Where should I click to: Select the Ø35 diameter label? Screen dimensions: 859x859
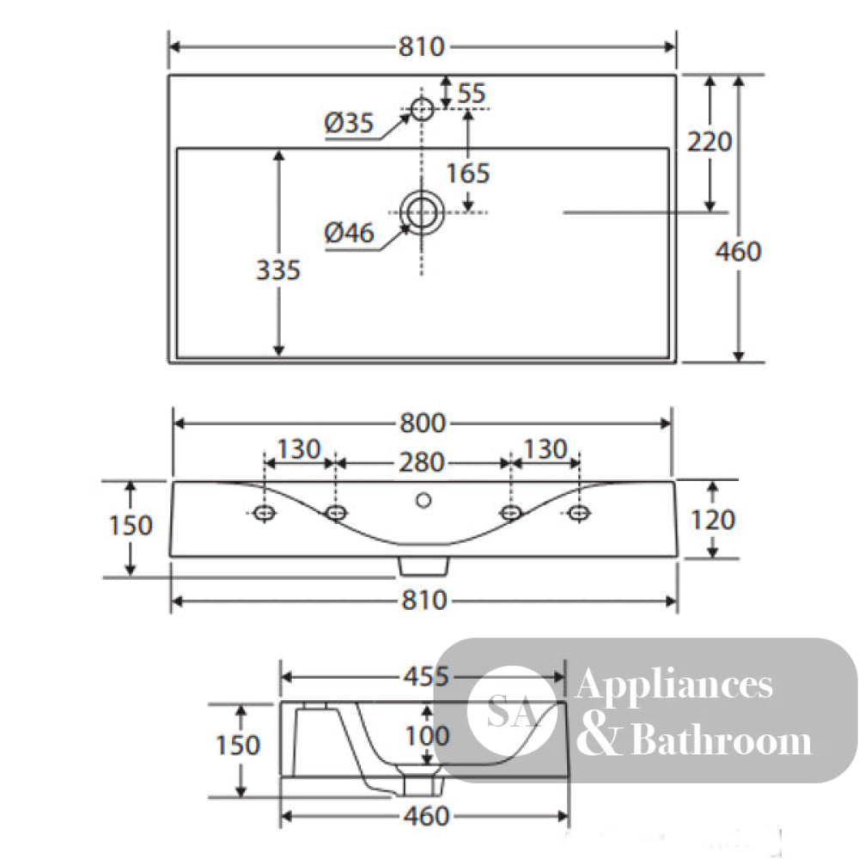coord(349,123)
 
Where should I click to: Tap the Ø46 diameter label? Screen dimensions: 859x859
coord(349,233)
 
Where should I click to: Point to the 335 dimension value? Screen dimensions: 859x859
coord(278,270)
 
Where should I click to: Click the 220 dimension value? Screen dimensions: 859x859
coord(710,142)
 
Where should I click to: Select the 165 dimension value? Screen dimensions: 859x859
coord(467,174)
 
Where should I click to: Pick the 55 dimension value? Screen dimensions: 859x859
coord(471,93)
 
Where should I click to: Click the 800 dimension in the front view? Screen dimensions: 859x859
coord(423,423)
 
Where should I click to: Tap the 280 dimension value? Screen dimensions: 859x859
coord(421,463)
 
